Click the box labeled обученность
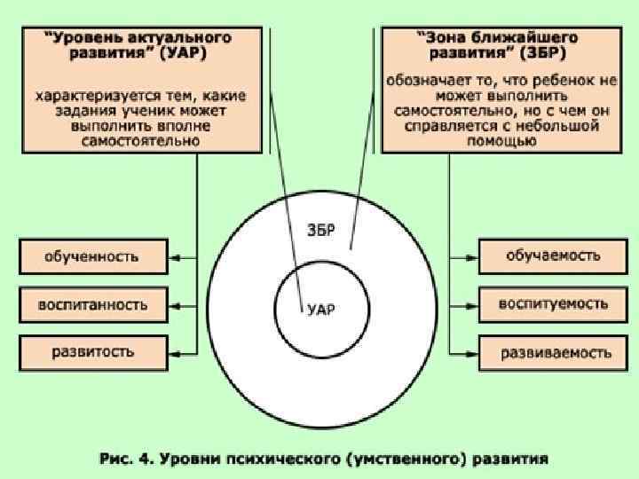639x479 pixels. tap(92, 257)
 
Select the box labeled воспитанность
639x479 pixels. tap(92, 304)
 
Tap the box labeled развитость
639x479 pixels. tap(92, 352)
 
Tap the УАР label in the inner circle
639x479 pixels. tap(321, 310)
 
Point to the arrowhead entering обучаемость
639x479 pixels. tap(472, 256)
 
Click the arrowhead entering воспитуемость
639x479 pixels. tap(472, 303)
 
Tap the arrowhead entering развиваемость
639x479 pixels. tap(472, 352)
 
